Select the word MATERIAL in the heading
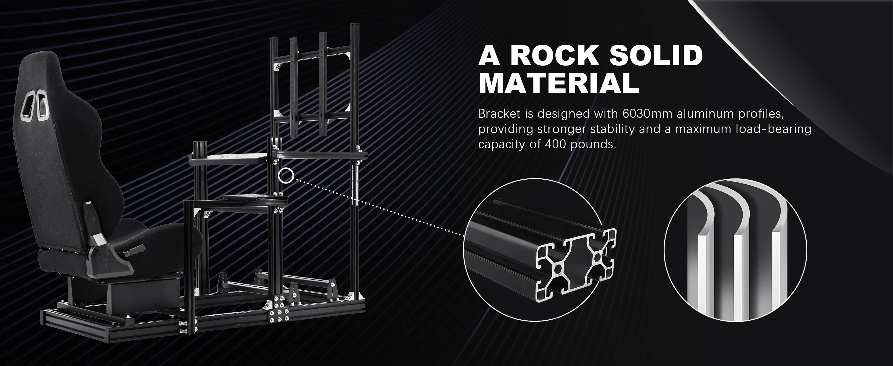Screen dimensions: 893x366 pyautogui.click(x=559, y=83)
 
